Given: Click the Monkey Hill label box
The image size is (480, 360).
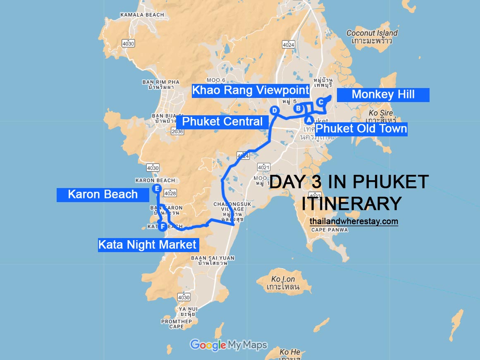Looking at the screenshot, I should (383, 95).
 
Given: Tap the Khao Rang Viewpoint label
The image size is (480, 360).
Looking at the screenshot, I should (251, 90).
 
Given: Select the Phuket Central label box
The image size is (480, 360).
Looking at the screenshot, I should (222, 122).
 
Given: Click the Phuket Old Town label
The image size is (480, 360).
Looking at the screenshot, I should (361, 129).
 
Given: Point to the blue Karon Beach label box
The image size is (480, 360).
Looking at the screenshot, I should (103, 194).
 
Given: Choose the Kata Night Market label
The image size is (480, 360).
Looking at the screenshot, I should (148, 245).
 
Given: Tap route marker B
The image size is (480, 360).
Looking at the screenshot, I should (298, 109).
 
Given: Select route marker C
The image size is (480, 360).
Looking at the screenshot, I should (320, 102).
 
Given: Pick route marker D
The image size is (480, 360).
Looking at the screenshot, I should (274, 110).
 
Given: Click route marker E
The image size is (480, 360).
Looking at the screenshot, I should (156, 189).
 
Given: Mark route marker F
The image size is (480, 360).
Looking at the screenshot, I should (163, 226).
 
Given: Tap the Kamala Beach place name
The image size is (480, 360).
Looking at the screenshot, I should (142, 15).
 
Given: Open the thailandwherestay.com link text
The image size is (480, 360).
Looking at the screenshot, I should (353, 222).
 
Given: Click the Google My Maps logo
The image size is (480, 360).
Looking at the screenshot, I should (228, 345).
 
